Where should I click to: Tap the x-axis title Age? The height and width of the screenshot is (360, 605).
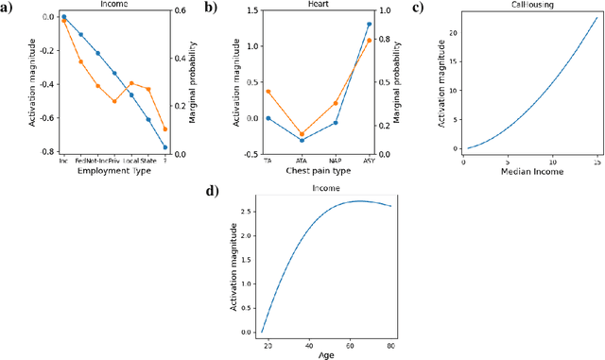326,354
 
